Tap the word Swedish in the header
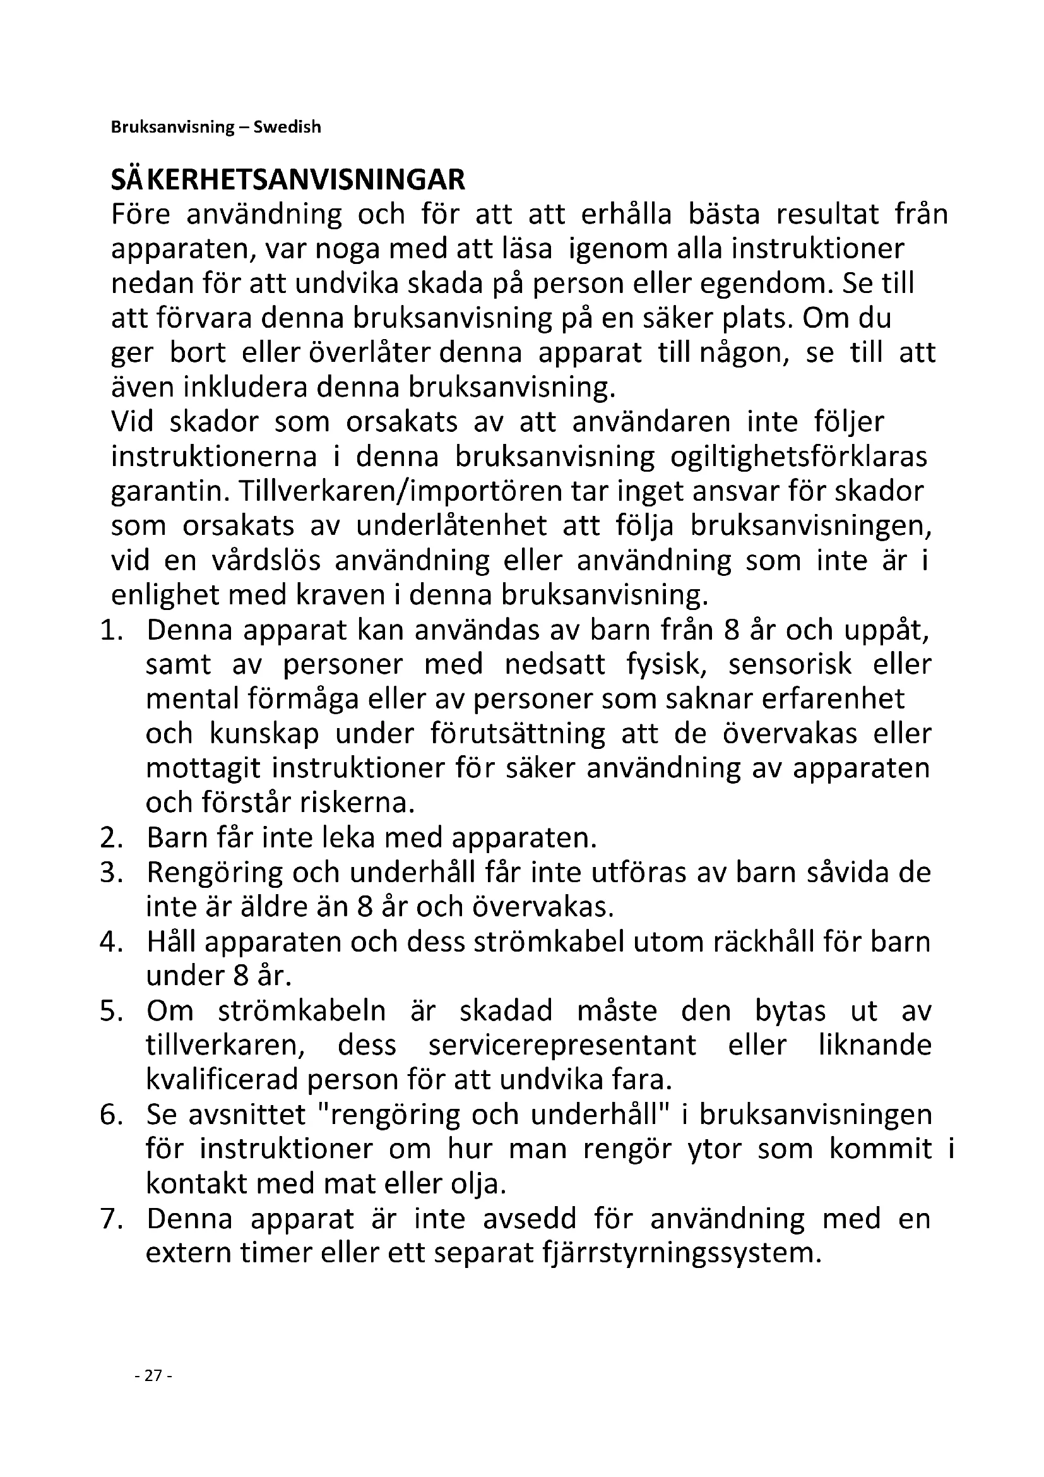(x=287, y=128)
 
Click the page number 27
(x=153, y=1376)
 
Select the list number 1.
(x=111, y=630)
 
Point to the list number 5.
(x=111, y=1011)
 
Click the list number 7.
(x=111, y=1219)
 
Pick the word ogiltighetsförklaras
(x=798, y=457)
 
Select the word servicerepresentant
(x=562, y=1045)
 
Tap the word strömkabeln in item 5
(x=302, y=1011)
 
